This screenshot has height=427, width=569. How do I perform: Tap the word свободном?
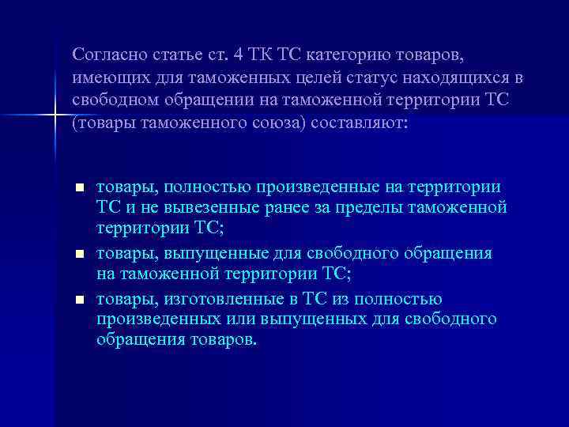[x=111, y=103]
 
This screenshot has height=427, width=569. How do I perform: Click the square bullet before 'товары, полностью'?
[x=79, y=187]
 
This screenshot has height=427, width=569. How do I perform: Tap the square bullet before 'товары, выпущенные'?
[x=79, y=255]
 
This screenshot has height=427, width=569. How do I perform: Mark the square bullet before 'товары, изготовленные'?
[x=79, y=300]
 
